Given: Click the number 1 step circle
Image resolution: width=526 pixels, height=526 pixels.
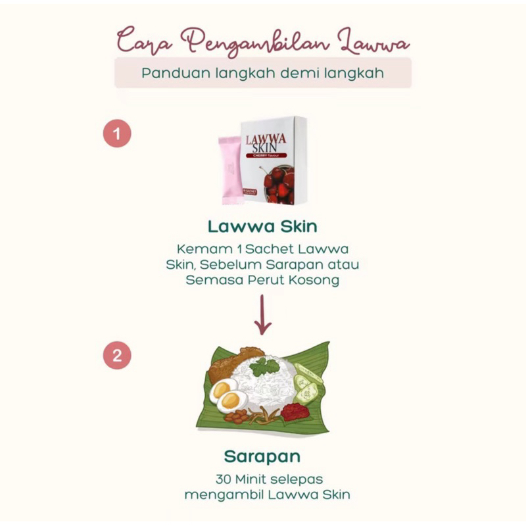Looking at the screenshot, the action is (x=117, y=134).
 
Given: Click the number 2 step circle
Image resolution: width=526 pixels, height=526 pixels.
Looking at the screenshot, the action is (x=117, y=356).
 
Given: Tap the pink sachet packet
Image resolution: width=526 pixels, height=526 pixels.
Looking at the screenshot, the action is (x=230, y=170).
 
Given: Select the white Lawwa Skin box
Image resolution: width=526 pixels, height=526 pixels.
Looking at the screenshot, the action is (x=273, y=160).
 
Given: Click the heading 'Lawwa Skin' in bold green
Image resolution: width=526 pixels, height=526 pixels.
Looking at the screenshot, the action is (x=262, y=227).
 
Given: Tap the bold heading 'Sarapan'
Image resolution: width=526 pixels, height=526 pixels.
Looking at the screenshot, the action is (x=262, y=456).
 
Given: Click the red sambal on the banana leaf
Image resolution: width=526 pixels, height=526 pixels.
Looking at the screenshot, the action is (x=295, y=412).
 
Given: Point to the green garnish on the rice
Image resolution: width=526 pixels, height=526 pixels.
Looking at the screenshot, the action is (x=264, y=367).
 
